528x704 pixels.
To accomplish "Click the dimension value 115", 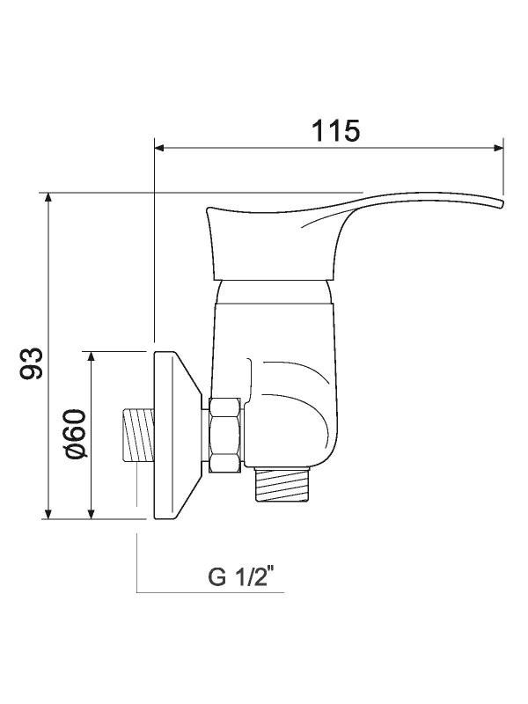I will (x=335, y=130).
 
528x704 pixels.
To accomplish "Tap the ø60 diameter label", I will (x=74, y=434).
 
